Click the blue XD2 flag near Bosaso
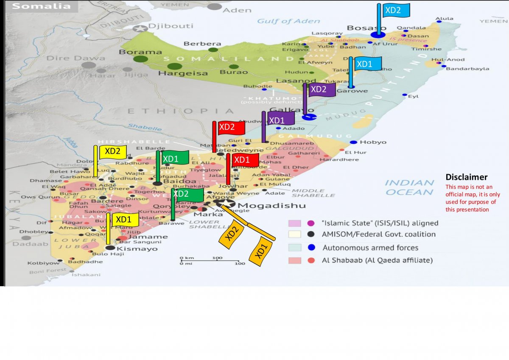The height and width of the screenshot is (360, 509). click(x=396, y=10)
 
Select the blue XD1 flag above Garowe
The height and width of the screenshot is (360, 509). click(x=367, y=64)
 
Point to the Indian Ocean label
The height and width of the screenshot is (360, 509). click(x=410, y=187)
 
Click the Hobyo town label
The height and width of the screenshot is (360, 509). click(x=373, y=142)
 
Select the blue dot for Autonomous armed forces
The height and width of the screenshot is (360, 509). click(x=311, y=248)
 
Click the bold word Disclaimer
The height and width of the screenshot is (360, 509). click(x=466, y=177)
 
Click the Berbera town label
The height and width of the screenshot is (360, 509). click(x=202, y=44)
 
